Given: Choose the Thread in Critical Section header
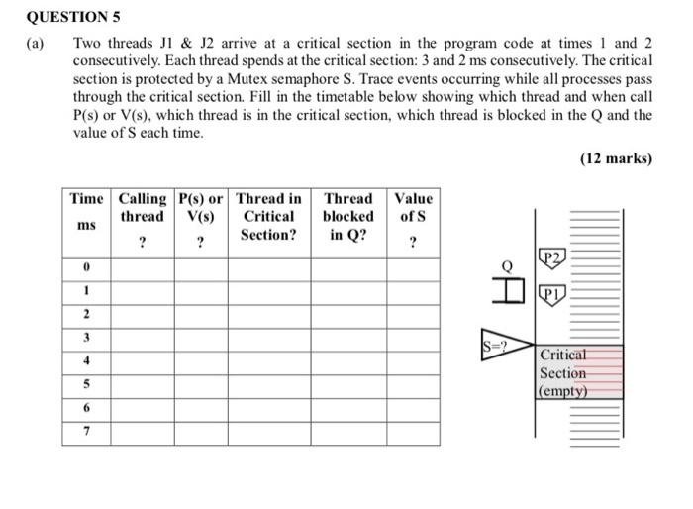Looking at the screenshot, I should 268,217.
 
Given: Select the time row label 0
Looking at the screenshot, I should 87,267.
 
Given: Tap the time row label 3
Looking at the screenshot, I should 87,338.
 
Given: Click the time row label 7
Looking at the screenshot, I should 87,432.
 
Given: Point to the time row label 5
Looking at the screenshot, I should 87,384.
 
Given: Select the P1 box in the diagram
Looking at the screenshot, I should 552,293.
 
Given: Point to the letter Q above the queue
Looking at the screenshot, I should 507,265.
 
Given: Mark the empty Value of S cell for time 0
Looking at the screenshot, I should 413,267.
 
